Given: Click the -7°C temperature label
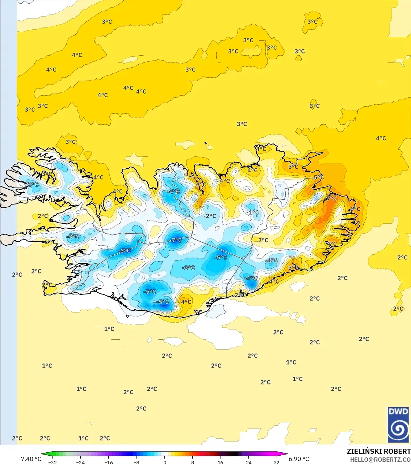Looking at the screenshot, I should (x=176, y=240).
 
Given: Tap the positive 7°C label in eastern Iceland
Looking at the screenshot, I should (x=332, y=198).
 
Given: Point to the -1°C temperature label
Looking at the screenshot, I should (x=253, y=212).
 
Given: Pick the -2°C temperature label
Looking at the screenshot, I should (x=210, y=216).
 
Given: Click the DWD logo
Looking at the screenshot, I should (x=398, y=425).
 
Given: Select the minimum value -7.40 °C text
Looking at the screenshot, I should (x=30, y=459).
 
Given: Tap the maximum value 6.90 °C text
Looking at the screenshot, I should (x=299, y=459).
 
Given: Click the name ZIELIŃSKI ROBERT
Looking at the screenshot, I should (x=378, y=451).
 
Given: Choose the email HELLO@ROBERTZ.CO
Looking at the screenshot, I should (x=380, y=460).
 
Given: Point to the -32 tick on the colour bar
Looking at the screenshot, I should (x=53, y=462).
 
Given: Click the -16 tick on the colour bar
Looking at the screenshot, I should (x=109, y=462).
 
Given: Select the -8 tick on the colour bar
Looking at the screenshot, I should (x=137, y=462).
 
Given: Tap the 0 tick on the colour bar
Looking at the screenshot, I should (x=165, y=462).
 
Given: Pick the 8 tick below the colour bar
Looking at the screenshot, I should (x=193, y=462).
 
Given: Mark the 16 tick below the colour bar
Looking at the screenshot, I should (x=221, y=462).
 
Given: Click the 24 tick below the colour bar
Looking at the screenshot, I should (x=248, y=462).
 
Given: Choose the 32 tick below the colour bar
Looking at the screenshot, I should (x=277, y=462).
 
